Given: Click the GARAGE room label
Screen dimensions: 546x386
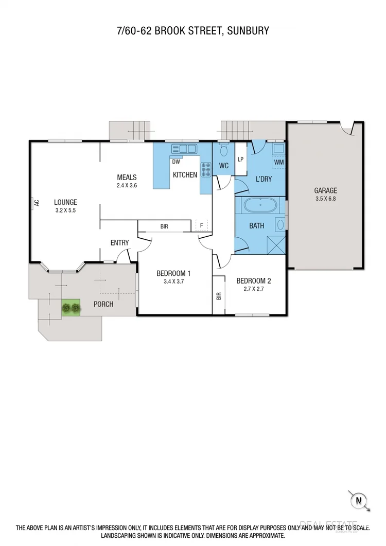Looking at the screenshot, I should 326,190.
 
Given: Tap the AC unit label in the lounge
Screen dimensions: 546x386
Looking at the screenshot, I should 36,203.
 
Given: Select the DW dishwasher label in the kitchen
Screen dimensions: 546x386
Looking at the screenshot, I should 176,162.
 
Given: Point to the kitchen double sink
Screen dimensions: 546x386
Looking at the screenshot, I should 185,149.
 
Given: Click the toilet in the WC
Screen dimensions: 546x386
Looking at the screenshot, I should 223,150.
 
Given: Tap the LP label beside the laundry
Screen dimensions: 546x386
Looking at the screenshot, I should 240,159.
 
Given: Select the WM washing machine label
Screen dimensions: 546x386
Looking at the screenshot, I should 279,162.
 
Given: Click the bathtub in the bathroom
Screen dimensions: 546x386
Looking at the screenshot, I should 260,205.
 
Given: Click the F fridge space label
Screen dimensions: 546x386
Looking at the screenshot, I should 201,225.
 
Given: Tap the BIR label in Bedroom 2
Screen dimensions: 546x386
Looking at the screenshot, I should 219,296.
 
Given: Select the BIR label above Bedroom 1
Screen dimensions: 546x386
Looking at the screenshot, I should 164,226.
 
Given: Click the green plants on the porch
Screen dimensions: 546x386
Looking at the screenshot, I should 71,308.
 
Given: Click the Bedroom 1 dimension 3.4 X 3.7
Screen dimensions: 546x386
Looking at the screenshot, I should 173,281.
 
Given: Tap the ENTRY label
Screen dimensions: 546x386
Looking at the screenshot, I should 119,243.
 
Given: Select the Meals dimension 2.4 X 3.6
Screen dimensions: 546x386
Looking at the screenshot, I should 127,185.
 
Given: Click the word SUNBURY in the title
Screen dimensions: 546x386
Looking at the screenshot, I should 246,31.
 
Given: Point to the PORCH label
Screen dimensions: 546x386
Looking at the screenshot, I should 103,304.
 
